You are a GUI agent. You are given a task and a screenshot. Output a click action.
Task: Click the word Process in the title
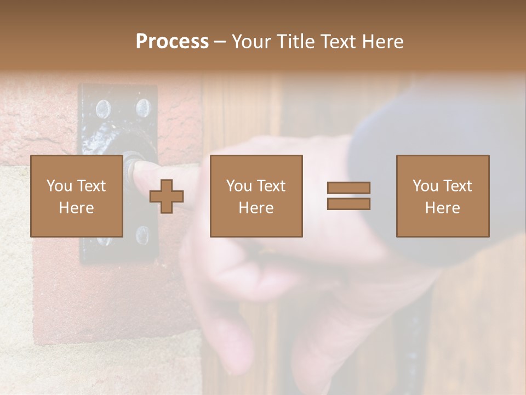(x=172, y=42)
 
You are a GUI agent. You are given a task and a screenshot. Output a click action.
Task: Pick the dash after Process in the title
(x=220, y=42)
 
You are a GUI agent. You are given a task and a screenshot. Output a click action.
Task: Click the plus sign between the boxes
(x=167, y=196)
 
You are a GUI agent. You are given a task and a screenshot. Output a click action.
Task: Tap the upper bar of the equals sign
(x=348, y=188)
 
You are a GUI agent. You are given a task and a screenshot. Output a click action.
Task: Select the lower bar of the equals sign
(x=348, y=204)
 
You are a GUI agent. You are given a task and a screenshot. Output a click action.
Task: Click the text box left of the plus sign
(x=76, y=196)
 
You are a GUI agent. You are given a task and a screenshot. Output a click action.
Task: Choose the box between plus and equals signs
(x=256, y=196)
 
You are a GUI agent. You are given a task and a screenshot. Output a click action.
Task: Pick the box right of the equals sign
(x=442, y=196)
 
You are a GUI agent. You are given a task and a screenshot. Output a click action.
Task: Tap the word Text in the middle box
(x=271, y=186)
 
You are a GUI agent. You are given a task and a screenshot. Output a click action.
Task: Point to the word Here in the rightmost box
(x=442, y=208)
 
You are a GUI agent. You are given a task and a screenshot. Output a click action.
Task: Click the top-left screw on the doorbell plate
(x=102, y=109)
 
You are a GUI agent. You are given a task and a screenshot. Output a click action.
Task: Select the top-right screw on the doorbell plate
(x=143, y=108)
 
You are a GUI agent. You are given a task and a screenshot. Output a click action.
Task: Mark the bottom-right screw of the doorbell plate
(x=142, y=235)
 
